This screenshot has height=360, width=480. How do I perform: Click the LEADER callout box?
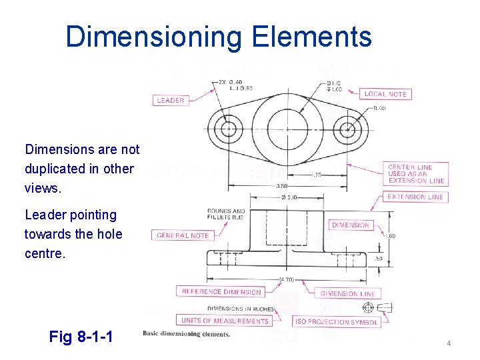click(x=171, y=101)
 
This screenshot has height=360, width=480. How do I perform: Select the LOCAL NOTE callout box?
click(x=385, y=94)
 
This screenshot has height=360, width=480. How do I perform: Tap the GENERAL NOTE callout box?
click(x=182, y=235)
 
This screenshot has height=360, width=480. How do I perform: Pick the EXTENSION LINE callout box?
click(x=416, y=197)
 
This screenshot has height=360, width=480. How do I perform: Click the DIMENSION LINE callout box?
click(x=347, y=293)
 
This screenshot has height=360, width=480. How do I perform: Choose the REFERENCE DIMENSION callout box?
click(x=221, y=292)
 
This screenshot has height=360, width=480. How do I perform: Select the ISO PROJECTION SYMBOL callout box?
click(x=336, y=322)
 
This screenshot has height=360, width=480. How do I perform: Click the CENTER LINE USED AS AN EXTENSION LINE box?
click(x=416, y=174)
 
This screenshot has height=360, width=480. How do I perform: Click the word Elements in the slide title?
click(x=311, y=36)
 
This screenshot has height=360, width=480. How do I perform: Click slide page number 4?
click(x=449, y=343)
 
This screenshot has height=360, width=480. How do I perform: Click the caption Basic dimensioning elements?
click(x=187, y=334)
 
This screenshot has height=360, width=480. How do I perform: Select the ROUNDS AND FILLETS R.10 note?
click(x=225, y=215)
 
